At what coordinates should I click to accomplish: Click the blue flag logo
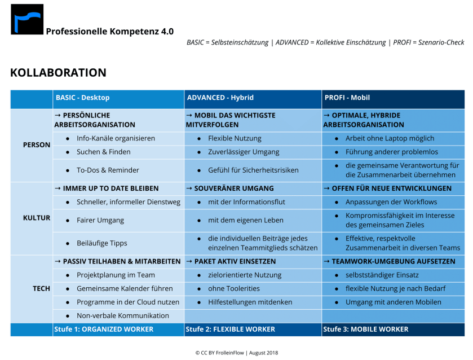click(x=27, y=19)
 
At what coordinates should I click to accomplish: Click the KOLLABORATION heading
click(x=58, y=73)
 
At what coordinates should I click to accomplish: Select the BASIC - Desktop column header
click(x=82, y=98)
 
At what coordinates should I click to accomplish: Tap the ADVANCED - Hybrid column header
click(x=219, y=98)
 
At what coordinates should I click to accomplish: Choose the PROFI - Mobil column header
click(x=347, y=98)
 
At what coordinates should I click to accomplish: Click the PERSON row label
click(x=37, y=145)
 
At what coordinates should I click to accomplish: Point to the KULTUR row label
click(x=37, y=218)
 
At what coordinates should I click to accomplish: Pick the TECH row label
click(x=41, y=288)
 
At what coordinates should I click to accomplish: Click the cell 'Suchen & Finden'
click(x=103, y=152)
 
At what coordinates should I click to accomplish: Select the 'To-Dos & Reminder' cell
click(x=108, y=170)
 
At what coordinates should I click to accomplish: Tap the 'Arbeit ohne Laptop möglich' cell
click(x=390, y=138)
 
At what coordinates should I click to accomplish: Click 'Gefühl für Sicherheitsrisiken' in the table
click(x=253, y=170)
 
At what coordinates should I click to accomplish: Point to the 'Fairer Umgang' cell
click(x=100, y=220)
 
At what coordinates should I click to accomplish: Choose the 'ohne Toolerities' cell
click(x=234, y=288)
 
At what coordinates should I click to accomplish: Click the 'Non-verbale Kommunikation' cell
click(x=122, y=315)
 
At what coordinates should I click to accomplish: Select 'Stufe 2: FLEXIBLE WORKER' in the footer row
click(x=231, y=329)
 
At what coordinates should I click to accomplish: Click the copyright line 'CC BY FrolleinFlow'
click(x=237, y=353)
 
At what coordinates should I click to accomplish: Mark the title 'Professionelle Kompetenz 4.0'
click(x=109, y=32)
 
